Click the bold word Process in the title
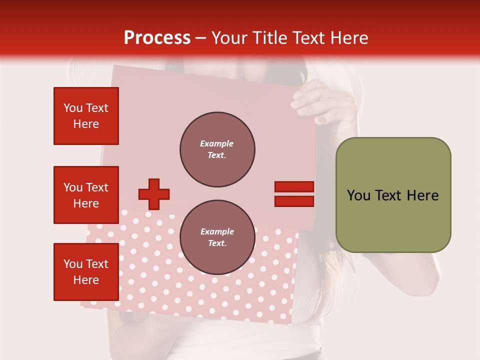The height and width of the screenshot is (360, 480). coord(157,38)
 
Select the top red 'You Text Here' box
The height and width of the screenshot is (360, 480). coord(86,116)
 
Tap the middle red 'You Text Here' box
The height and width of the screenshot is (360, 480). coord(86,195)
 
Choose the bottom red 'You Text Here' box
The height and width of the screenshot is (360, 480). coord(86,272)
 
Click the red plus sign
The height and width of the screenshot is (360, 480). coord(154,194)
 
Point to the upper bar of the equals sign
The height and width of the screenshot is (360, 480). coord(294,187)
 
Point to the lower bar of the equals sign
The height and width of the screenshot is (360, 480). coord(294,201)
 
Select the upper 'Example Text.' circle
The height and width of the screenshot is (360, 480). coord(217,149)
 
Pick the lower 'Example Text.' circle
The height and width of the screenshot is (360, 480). coord(217,237)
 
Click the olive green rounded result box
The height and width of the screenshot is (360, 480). coord(393,195)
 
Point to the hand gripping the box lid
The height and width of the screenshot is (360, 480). coord(325,102)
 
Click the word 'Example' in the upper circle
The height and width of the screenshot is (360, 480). coord(217,143)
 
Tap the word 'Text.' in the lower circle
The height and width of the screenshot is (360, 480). coord(217,243)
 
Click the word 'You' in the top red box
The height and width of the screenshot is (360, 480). coord(72,108)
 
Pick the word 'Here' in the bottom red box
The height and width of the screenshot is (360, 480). coord(86,280)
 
